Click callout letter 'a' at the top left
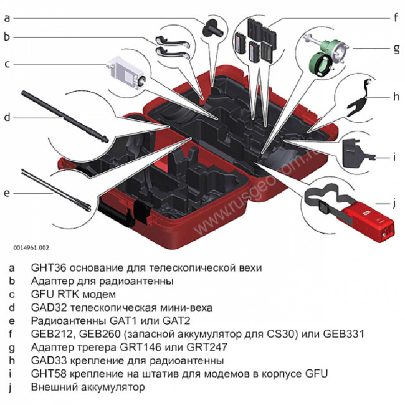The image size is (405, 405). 7,18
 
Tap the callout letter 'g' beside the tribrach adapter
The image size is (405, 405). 396,47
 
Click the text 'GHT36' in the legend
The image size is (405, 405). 46,267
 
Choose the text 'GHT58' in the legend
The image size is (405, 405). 46,374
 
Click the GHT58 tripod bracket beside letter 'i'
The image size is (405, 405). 356,150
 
